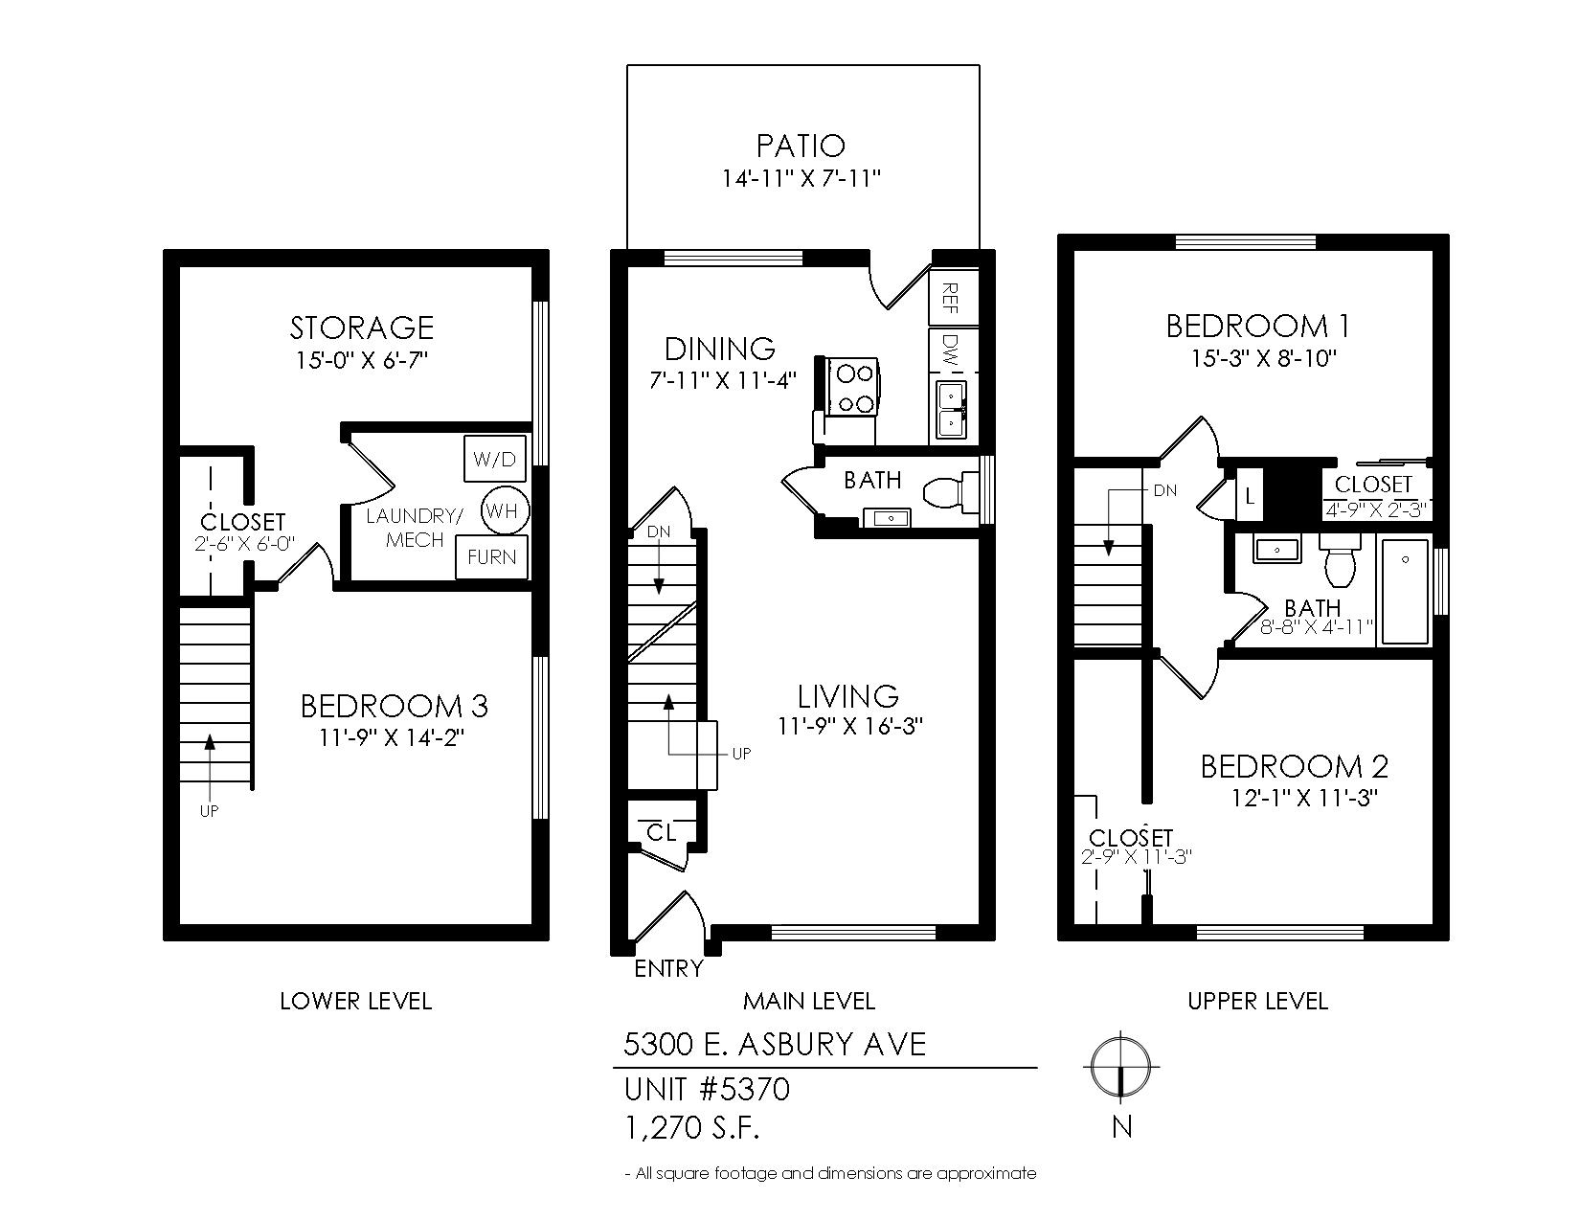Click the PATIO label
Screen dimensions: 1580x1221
(801, 147)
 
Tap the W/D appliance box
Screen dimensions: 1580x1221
(494, 458)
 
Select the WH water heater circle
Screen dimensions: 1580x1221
(505, 510)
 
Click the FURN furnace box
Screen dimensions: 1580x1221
(491, 557)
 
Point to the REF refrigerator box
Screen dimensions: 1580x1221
(953, 298)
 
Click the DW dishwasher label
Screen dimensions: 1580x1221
(950, 350)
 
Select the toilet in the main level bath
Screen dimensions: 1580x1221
(950, 492)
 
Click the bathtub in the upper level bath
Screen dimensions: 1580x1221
(1404, 591)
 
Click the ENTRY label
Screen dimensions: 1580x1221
(669, 968)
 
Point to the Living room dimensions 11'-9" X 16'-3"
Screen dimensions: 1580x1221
(850, 726)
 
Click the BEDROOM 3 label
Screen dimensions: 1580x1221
(395, 706)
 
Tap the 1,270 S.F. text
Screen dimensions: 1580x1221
(691, 1128)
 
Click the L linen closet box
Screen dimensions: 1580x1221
(1250, 496)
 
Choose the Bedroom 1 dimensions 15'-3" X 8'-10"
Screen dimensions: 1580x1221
(1264, 358)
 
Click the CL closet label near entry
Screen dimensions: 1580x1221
(661, 832)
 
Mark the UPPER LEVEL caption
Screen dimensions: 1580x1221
(1258, 1002)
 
